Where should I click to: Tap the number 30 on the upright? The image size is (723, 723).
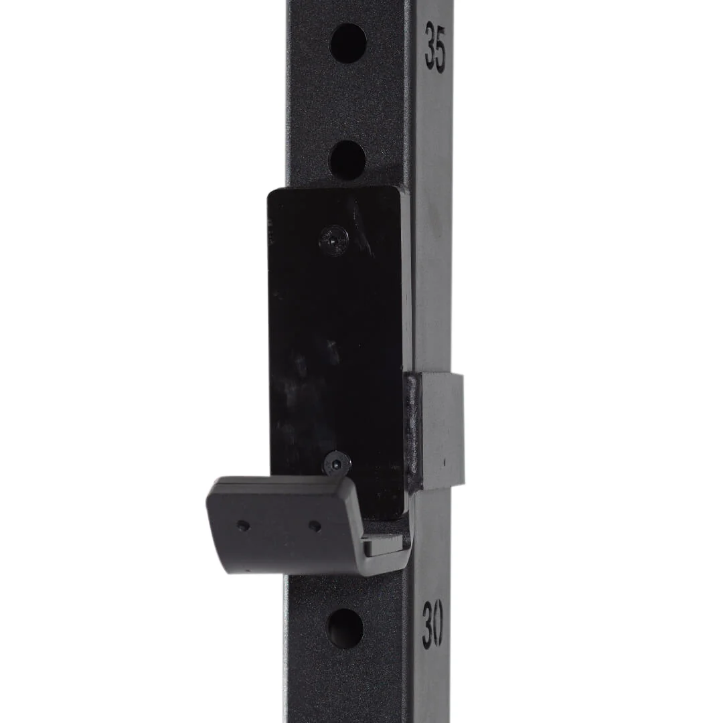tap(432, 623)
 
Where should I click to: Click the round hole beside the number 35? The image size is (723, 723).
tap(348, 44)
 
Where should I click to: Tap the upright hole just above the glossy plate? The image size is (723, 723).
tap(347, 159)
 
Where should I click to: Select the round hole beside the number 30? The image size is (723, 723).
tap(345, 628)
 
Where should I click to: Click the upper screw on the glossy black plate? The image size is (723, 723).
tap(333, 240)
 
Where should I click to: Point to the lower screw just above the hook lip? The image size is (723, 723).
tap(337, 463)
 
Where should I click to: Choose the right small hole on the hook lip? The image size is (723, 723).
tap(315, 526)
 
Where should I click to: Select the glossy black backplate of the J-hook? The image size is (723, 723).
tap(335, 335)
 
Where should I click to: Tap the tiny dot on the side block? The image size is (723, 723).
tap(445, 462)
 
